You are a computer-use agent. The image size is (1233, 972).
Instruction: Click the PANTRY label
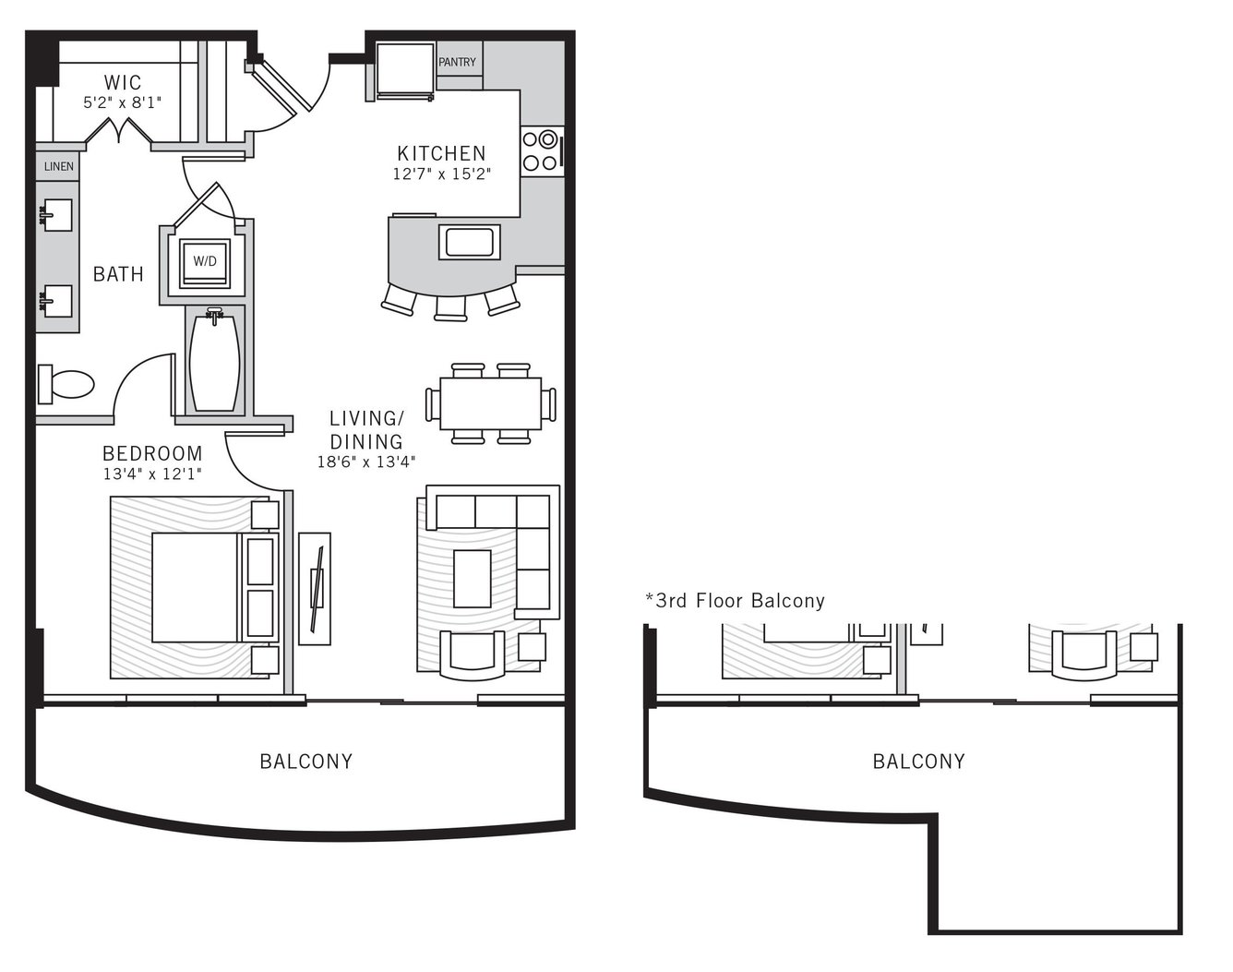pyautogui.click(x=457, y=62)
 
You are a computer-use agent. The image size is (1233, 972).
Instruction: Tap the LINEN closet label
pyautogui.click(x=58, y=166)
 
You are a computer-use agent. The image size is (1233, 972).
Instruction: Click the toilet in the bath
pyautogui.click(x=66, y=383)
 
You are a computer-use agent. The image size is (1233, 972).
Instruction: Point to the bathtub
pyautogui.click(x=214, y=362)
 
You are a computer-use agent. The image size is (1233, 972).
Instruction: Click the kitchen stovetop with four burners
pyautogui.click(x=542, y=151)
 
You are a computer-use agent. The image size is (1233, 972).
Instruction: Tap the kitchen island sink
pyautogui.click(x=469, y=242)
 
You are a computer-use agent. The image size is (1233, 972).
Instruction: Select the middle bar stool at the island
pyautogui.click(x=451, y=308)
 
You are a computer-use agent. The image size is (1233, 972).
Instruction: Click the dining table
pyautogui.click(x=490, y=403)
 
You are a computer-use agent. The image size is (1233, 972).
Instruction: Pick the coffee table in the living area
pyautogui.click(x=473, y=579)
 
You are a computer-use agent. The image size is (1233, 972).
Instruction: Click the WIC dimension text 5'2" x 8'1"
pyautogui.click(x=123, y=103)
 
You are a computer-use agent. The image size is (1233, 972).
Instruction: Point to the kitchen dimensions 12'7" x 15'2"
pyautogui.click(x=442, y=174)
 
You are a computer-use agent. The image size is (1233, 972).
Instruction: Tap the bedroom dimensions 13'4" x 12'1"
pyautogui.click(x=152, y=474)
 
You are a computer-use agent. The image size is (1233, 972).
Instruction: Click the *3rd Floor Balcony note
pyautogui.click(x=736, y=601)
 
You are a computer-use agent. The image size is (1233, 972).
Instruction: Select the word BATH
pyautogui.click(x=119, y=274)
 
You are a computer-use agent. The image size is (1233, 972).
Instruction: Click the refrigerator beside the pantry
pyautogui.click(x=404, y=71)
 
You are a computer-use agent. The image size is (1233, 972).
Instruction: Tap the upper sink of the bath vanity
pyautogui.click(x=57, y=215)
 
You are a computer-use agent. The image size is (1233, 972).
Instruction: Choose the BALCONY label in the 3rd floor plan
pyautogui.click(x=919, y=762)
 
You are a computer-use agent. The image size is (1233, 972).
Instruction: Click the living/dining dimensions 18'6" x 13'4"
pyautogui.click(x=366, y=462)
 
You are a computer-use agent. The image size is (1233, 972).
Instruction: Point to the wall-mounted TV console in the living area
pyautogui.click(x=315, y=589)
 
